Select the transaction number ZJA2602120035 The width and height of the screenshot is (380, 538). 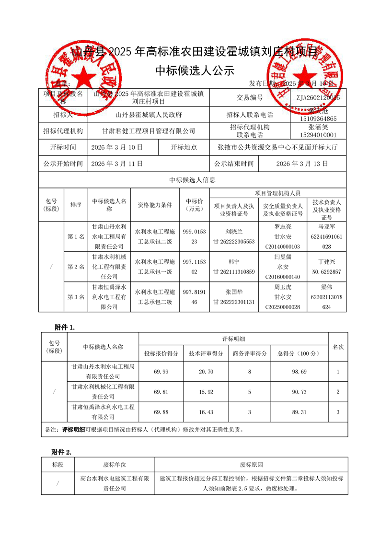point(318,98)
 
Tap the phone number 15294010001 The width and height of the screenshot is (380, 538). point(318,135)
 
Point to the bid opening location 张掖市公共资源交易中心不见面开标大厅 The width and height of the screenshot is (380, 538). point(277,148)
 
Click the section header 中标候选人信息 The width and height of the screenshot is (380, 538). point(192,180)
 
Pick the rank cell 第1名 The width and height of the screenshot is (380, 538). point(76,237)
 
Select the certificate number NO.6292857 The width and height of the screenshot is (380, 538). point(326,272)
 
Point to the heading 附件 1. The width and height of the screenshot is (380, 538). point(65,327)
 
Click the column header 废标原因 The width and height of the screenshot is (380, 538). point(251,465)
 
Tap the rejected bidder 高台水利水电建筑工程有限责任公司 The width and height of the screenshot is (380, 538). point(115,483)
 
